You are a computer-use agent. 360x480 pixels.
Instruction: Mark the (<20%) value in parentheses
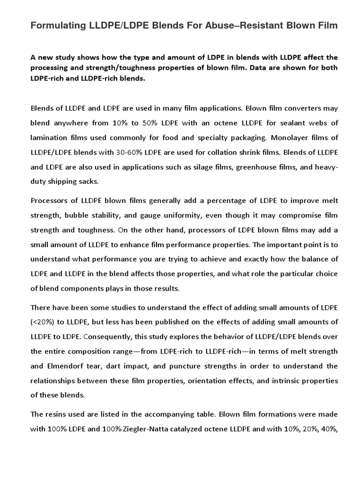[45, 322]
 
